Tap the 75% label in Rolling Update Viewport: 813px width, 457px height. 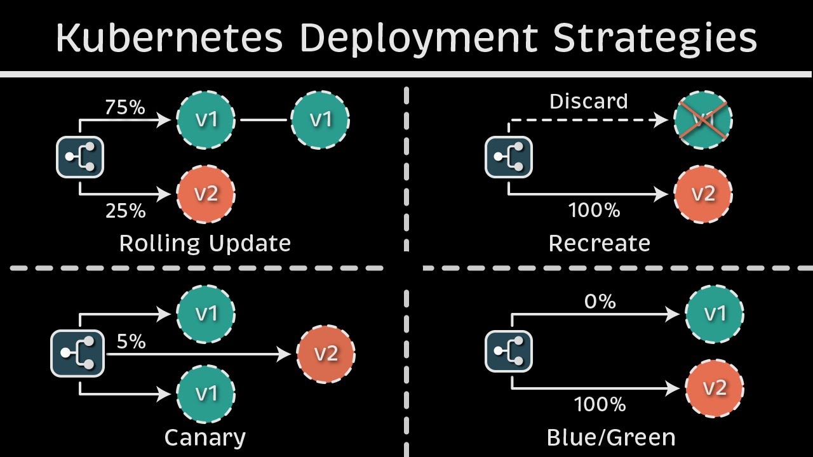125,107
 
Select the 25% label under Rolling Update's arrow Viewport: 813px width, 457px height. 125,211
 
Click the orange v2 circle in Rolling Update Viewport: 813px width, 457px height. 206,194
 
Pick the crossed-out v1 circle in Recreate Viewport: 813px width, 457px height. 702,120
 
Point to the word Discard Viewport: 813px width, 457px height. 588,101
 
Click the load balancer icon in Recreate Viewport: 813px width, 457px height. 509,157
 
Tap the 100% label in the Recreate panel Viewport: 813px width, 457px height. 595,210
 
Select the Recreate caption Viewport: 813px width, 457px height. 600,243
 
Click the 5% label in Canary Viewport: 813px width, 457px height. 131,341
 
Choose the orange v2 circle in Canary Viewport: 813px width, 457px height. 326,354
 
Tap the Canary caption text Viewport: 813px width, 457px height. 205,437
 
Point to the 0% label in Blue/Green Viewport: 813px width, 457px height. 600,301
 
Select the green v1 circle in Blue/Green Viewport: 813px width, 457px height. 715,314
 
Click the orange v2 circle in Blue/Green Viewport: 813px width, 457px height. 715,388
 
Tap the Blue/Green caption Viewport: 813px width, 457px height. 611,437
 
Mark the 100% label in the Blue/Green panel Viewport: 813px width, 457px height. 600,404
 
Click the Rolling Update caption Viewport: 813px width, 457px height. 205,243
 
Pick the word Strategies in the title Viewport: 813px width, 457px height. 655,37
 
